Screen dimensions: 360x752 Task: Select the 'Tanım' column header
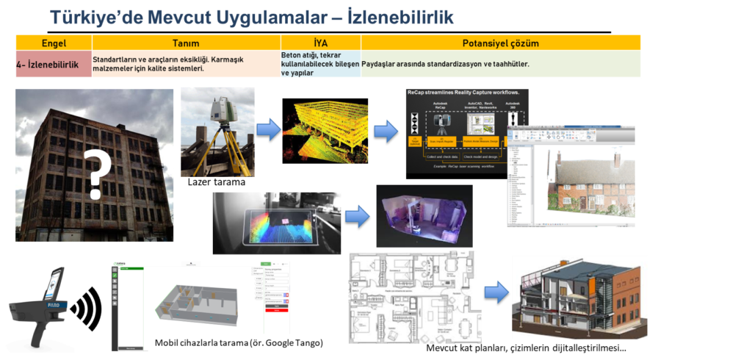tap(185, 43)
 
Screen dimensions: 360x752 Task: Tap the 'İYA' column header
tap(320, 43)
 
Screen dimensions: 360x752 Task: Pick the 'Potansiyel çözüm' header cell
tap(501, 43)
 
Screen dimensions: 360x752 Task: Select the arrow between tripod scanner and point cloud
tap(268, 130)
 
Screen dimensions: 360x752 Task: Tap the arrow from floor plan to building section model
tap(497, 292)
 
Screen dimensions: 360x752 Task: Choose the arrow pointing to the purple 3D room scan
tap(357, 216)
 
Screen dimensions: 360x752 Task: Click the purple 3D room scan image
tap(424, 215)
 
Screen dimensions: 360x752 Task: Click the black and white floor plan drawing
tap(414, 297)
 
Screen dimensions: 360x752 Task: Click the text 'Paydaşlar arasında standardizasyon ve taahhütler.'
tap(446, 65)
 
